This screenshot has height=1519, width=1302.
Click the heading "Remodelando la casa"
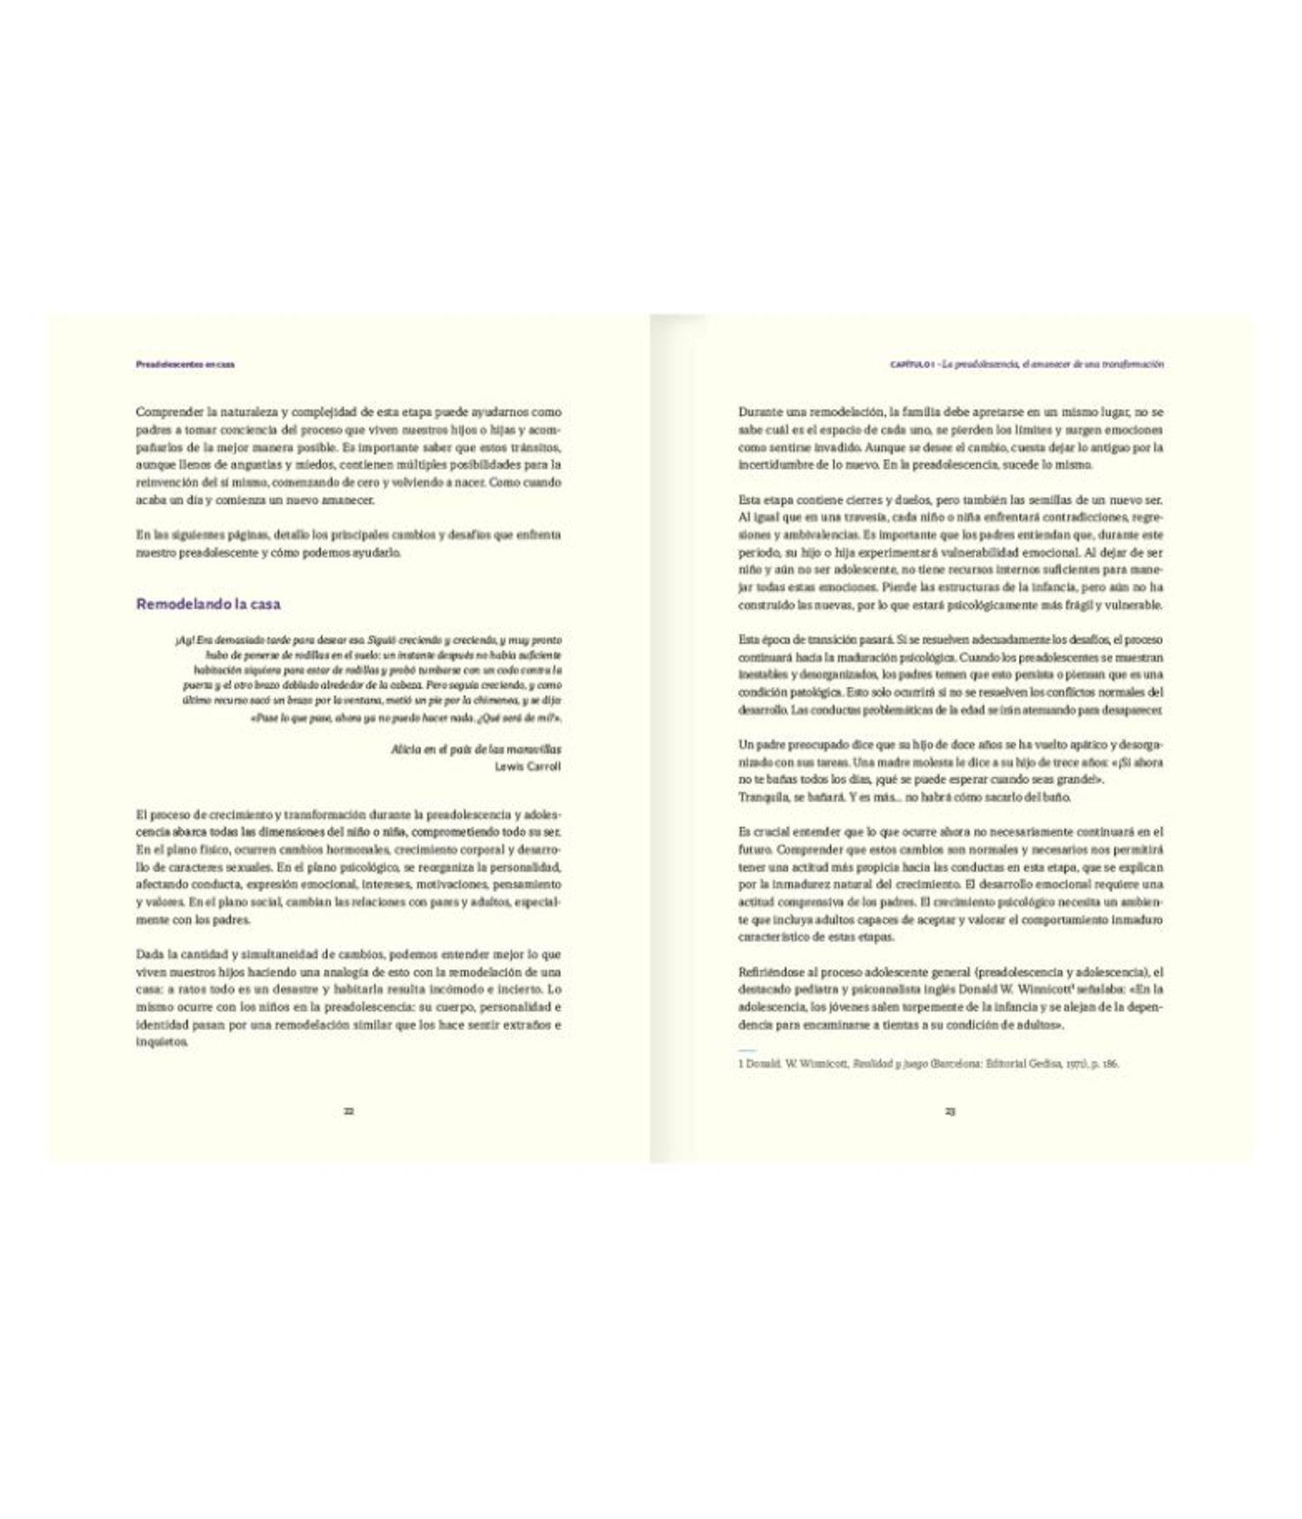click(207, 604)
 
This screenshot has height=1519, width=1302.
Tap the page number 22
click(348, 1111)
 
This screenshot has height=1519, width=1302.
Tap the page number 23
click(950, 1111)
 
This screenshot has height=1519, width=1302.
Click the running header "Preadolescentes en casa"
click(185, 365)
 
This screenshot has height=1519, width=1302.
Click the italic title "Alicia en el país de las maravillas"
click(476, 749)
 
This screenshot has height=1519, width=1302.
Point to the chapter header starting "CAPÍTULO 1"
click(1027, 365)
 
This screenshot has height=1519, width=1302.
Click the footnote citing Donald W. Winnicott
click(928, 1063)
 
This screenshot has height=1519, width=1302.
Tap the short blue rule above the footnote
click(747, 1050)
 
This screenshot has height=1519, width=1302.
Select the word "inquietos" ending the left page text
click(161, 1042)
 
